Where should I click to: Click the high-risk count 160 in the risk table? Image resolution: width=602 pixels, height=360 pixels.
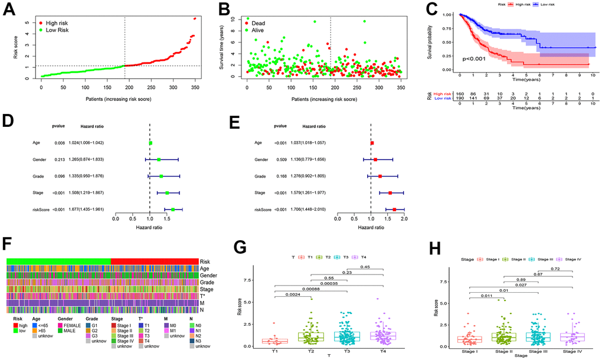click(460, 94)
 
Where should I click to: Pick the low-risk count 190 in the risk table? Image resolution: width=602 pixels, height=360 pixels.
click(460, 99)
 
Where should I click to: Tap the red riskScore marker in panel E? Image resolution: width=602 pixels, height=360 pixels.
click(394, 209)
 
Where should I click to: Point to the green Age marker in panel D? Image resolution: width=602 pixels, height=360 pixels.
click(150, 143)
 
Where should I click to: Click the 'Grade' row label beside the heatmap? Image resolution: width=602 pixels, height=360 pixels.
click(207, 282)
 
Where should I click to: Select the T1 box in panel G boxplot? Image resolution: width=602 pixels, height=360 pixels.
click(275, 341)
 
